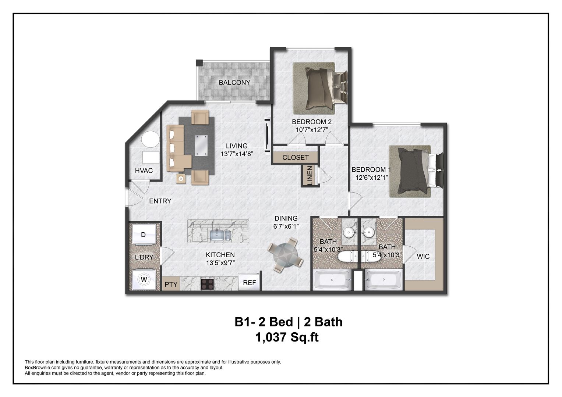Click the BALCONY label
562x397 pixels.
tap(234, 82)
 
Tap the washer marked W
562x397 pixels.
tap(144, 280)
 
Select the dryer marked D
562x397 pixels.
tap(144, 235)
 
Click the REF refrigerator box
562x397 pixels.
tap(249, 283)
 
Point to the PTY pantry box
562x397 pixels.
tap(171, 284)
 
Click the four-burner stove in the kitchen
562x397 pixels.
tap(208, 284)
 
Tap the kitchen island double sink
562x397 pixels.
tap(220, 235)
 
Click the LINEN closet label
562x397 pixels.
tap(310, 176)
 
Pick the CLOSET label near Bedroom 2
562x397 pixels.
tap(295, 157)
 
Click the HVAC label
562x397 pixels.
tap(144, 171)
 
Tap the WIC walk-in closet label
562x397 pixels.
tap(423, 256)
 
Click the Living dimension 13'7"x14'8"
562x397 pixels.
tap(237, 154)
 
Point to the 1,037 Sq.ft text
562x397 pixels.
tap(287, 337)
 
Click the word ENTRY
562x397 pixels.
tap(160, 201)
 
